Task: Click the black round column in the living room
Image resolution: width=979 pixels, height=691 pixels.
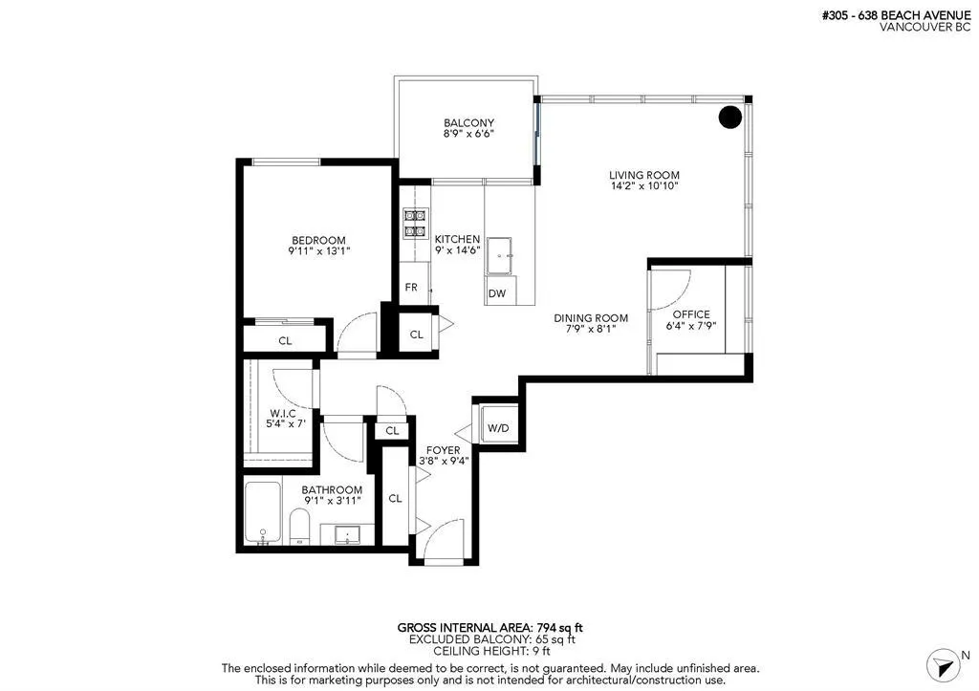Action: pyautogui.click(x=730, y=118)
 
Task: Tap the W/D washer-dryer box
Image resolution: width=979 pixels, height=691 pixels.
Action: pyautogui.click(x=498, y=427)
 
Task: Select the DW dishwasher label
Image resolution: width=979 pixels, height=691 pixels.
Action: pyautogui.click(x=496, y=293)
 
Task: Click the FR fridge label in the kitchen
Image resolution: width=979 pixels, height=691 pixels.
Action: pyautogui.click(x=411, y=287)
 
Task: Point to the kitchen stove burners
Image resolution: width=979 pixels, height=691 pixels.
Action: pyautogui.click(x=414, y=224)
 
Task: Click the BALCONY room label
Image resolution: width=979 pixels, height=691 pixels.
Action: pyautogui.click(x=468, y=123)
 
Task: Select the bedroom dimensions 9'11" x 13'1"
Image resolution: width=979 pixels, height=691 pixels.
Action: pyautogui.click(x=318, y=252)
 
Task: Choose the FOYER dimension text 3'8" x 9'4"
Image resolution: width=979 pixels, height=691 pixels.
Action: pyautogui.click(x=443, y=461)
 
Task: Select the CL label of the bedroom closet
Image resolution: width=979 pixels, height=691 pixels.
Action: pyautogui.click(x=285, y=340)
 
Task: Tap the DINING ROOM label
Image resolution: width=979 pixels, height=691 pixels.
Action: pyautogui.click(x=591, y=318)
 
